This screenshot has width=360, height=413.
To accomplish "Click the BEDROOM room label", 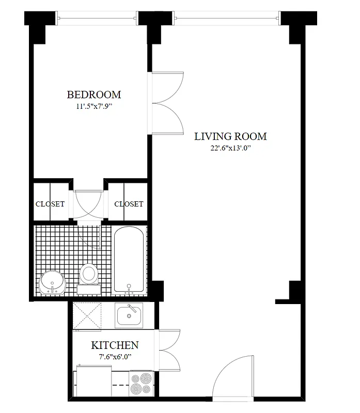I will coord(93,94).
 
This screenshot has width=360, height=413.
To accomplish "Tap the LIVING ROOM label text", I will coord(230,136).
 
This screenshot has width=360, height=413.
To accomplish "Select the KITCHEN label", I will coord(115,345).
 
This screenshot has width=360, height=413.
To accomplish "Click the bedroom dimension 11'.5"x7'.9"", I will coord(93,107).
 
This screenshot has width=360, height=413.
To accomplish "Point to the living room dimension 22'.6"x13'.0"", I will coord(230,149).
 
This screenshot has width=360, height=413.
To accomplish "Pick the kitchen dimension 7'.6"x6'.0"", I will coord(115,357).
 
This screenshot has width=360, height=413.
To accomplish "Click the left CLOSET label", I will coord(50,204).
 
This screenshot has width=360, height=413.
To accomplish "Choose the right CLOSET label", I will coord(129,204).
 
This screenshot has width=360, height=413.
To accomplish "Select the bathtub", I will coord(129,261).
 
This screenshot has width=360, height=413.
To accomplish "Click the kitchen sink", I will coord(129,315).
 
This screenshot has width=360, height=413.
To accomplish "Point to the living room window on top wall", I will coord(228,20).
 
